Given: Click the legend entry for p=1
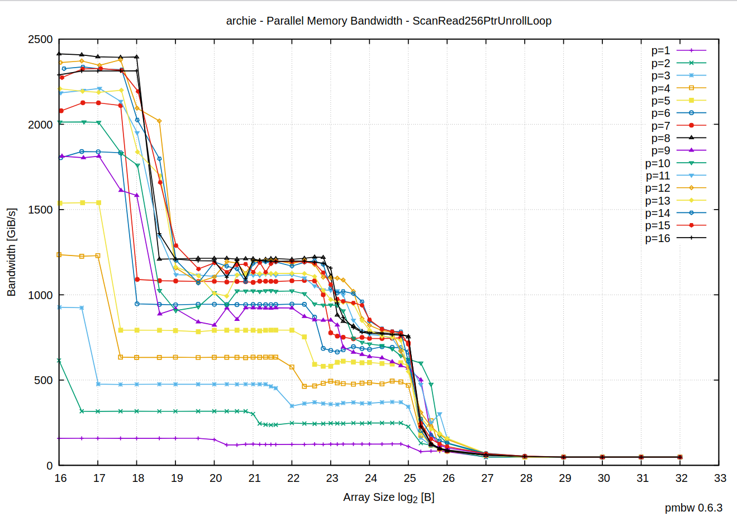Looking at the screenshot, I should (x=660, y=51).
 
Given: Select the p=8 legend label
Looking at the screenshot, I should (x=660, y=138).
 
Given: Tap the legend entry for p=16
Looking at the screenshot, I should (x=657, y=238).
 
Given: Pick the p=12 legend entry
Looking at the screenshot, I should (x=657, y=188).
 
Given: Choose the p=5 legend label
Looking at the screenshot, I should (x=660, y=101).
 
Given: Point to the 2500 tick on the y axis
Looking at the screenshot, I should (x=40, y=40).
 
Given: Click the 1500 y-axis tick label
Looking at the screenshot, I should (x=40, y=210).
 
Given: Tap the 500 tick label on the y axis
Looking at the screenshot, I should (x=43, y=380).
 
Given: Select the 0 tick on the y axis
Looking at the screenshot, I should (x=50, y=466).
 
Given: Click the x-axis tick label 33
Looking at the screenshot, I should (x=720, y=478).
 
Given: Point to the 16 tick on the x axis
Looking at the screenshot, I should (x=60, y=478).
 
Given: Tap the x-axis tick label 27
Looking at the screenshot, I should (x=487, y=478).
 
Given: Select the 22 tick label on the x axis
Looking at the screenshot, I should (x=293, y=478).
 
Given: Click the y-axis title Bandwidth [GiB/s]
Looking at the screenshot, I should (x=11, y=252).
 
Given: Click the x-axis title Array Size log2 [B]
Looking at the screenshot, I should (x=388, y=497).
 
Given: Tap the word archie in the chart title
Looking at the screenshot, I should (x=241, y=21).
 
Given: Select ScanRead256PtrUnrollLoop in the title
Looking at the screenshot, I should (x=482, y=21).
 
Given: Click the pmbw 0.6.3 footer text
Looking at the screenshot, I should (x=693, y=508).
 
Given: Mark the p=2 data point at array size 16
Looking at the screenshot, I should (x=59, y=361).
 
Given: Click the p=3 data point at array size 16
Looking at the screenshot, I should (x=59, y=307).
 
